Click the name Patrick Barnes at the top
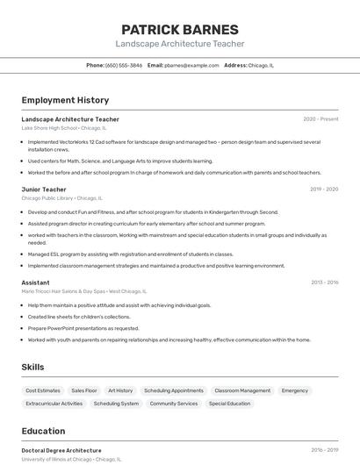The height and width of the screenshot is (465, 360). click(179, 29)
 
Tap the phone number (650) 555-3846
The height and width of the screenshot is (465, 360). click(123, 65)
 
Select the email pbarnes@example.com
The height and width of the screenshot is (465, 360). click(191, 65)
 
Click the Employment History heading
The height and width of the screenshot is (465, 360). click(65, 100)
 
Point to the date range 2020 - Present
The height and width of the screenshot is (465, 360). click(320, 119)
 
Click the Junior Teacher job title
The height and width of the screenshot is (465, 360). click(44, 190)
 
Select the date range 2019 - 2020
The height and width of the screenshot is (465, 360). click(324, 190)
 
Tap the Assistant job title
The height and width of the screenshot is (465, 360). click(35, 283)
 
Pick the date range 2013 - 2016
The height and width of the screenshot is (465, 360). click(324, 283)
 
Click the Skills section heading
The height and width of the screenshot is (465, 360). click(33, 367)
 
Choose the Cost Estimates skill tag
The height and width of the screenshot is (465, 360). click(43, 390)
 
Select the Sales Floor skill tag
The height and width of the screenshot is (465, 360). click(84, 390)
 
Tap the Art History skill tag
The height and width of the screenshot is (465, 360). click(120, 390)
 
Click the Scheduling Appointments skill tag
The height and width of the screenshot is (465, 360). click(174, 390)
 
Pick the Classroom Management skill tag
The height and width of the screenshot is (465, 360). click(242, 390)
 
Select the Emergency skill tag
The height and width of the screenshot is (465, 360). click(295, 390)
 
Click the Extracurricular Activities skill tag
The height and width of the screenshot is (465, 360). click(54, 404)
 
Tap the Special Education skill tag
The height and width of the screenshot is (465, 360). click(229, 404)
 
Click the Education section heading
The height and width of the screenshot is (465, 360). click(43, 431)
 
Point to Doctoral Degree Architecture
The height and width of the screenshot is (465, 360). click(61, 450)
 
